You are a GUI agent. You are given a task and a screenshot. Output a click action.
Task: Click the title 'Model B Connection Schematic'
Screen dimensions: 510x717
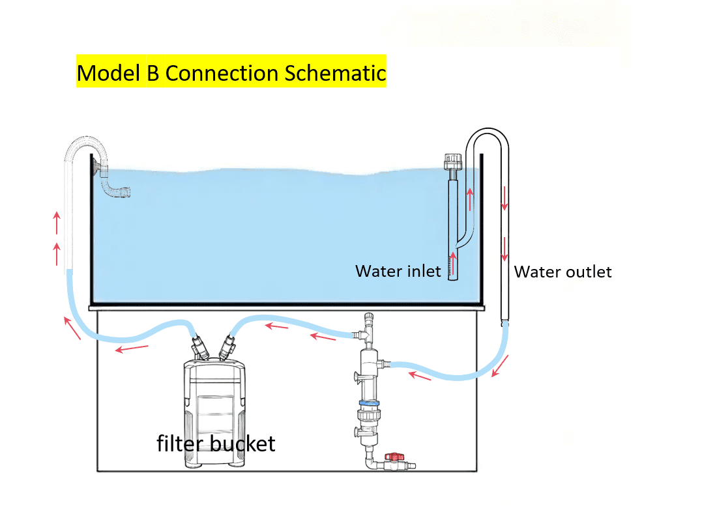click(231, 72)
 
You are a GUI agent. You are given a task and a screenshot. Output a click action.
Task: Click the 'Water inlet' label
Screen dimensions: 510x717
click(398, 271)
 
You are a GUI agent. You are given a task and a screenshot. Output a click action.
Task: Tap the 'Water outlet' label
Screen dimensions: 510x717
click(563, 272)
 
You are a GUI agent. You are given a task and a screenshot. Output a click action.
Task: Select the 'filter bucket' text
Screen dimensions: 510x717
click(216, 444)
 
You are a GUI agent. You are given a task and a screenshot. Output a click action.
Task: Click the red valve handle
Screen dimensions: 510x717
click(392, 459)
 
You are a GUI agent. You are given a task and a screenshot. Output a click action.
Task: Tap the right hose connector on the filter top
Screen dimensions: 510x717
click(229, 345)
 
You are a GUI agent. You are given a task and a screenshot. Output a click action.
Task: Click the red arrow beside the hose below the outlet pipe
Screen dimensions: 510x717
click(501, 366)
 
